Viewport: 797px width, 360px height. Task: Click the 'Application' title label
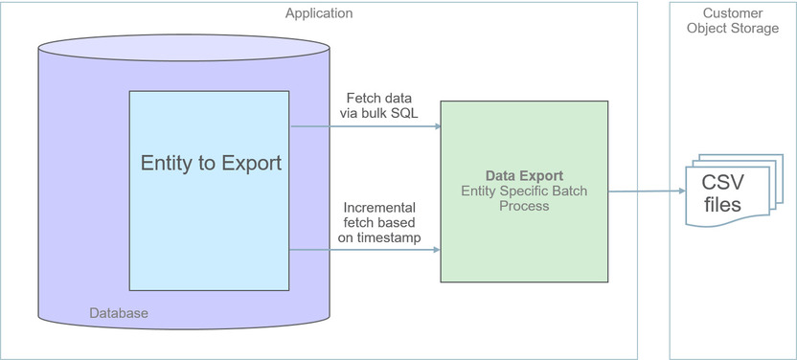pos(319,13)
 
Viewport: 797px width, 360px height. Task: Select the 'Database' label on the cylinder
pos(119,313)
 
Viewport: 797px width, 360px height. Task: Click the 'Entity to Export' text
pos(211,164)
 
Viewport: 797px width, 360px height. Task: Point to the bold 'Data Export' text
pos(523,176)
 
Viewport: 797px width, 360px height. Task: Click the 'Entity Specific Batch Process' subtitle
pos(523,198)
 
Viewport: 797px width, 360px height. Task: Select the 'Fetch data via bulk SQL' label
pos(378,106)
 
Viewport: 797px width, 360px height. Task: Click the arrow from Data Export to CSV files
pos(647,191)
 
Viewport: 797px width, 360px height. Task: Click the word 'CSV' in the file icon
pos(723,182)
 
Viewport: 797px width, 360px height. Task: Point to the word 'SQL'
pos(401,114)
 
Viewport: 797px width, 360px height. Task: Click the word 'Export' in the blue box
pos(247,164)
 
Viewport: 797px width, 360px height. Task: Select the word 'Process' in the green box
pos(523,206)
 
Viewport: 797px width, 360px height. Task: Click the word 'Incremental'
pos(378,207)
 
